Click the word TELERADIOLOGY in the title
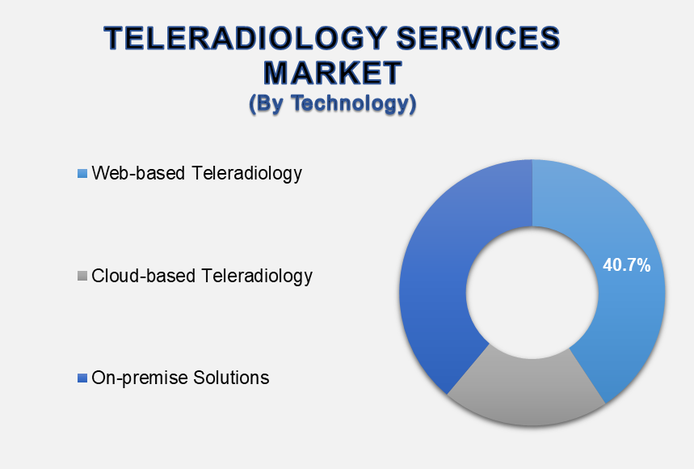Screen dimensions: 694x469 point(246,38)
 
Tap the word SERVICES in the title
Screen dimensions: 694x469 point(478,38)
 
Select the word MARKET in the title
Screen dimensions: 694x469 point(333,73)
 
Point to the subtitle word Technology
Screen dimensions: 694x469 point(354,104)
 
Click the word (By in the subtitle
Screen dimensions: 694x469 point(267,104)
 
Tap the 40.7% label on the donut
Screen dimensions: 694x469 point(627,265)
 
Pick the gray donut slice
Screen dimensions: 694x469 point(527,390)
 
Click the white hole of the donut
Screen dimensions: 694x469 point(532,293)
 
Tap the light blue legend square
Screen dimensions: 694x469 point(82,173)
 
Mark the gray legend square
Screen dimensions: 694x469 point(82,276)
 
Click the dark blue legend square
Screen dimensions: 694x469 point(82,378)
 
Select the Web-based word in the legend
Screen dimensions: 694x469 point(138,173)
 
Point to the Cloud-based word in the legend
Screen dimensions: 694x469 point(144,276)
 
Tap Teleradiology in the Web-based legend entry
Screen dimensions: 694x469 point(247,174)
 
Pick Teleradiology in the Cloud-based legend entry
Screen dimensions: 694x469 point(258,277)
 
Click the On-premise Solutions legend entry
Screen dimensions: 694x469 point(181,378)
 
